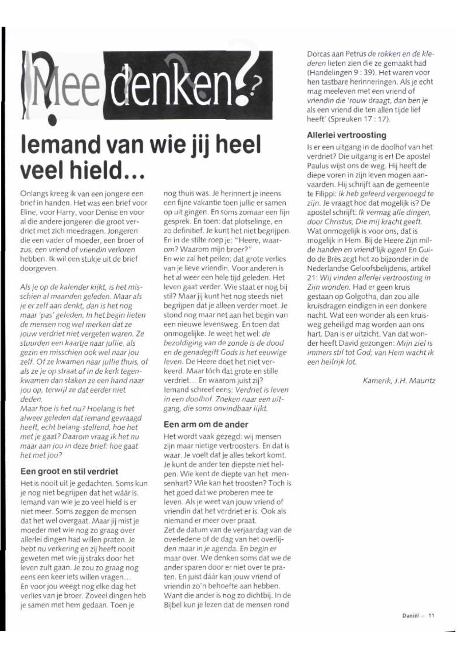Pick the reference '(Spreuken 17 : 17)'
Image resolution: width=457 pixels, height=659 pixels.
[359, 119]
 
